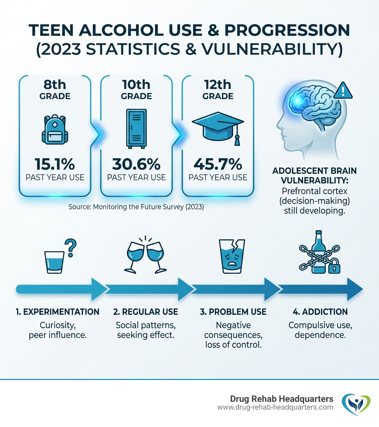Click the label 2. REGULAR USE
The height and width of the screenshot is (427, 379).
(145, 312)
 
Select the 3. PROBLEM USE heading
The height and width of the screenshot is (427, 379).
(233, 312)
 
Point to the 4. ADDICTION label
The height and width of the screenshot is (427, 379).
(320, 312)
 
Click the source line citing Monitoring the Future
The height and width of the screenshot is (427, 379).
(136, 207)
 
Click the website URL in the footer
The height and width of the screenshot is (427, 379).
(275, 407)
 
